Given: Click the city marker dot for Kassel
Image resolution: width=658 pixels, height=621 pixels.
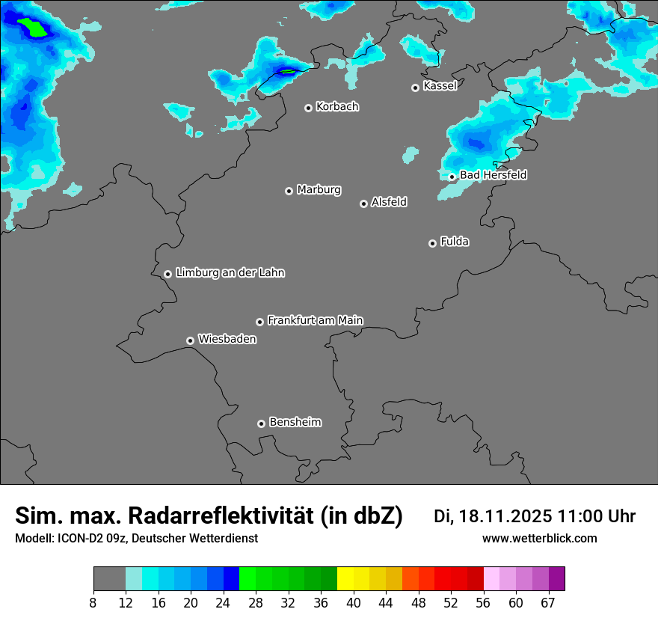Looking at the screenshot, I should tap(415, 88).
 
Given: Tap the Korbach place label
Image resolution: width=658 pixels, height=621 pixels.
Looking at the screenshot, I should tap(337, 106).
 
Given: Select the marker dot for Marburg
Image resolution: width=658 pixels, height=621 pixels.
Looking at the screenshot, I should tap(289, 191).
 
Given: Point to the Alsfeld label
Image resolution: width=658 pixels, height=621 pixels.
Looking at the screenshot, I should tap(389, 201).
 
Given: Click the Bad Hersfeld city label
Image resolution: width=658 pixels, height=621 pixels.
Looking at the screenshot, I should tap(493, 175).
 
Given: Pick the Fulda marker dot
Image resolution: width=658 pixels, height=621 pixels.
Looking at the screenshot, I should tap(432, 243).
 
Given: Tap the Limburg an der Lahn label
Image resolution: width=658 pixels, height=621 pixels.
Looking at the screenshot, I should tap(230, 272).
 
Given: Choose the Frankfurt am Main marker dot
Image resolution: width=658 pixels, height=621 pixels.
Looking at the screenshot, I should tap(259, 322).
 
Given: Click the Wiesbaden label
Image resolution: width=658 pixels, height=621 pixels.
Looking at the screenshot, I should tap(227, 339).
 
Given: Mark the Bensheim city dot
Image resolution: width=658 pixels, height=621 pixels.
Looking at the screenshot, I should tap(261, 423).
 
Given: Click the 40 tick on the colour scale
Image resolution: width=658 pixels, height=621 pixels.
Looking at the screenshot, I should tap(353, 602).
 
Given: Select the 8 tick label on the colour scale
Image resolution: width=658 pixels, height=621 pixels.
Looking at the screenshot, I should tap(93, 602).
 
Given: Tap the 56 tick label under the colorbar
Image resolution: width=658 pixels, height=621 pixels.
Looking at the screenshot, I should tap(484, 602).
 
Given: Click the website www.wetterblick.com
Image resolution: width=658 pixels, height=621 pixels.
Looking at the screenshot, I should tap(539, 539).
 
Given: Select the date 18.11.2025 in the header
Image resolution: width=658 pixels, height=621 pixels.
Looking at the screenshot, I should tap(505, 516).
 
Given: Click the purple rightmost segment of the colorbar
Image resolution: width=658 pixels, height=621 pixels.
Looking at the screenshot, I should tap(557, 579).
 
